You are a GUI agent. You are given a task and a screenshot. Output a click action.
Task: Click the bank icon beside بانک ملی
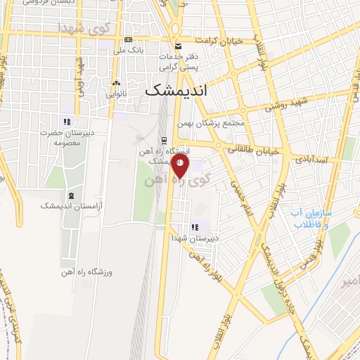point(127,39)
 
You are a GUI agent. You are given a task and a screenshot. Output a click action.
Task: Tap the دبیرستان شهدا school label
point(195,238)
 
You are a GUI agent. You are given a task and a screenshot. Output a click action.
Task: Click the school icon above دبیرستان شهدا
point(195,227)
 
